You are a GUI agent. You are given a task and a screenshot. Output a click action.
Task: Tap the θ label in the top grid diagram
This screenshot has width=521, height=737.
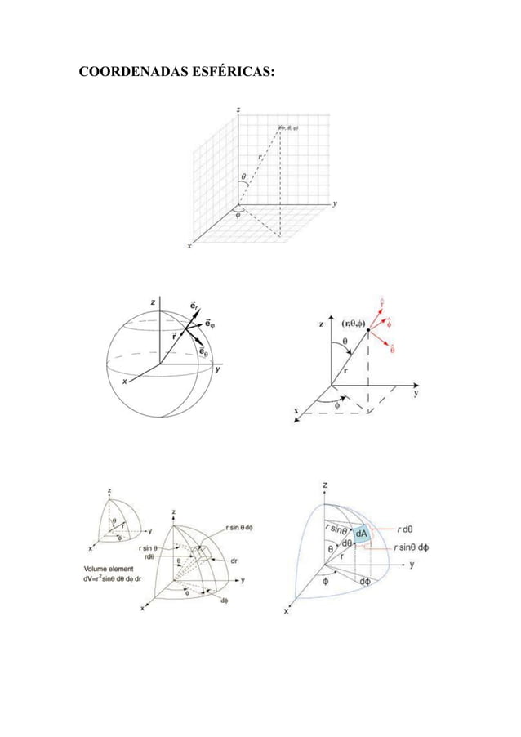[x=243, y=176]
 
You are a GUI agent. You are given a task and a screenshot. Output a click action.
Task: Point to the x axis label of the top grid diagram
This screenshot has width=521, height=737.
[x=190, y=245]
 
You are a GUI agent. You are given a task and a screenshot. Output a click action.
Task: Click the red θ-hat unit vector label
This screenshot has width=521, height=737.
[x=393, y=350]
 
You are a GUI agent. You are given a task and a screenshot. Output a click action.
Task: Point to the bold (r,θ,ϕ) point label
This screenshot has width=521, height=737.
[x=347, y=322]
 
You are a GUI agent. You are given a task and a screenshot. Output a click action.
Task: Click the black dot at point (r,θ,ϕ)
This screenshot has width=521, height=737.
[x=369, y=331]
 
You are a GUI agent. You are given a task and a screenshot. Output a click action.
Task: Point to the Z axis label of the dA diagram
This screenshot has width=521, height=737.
[x=327, y=485]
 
